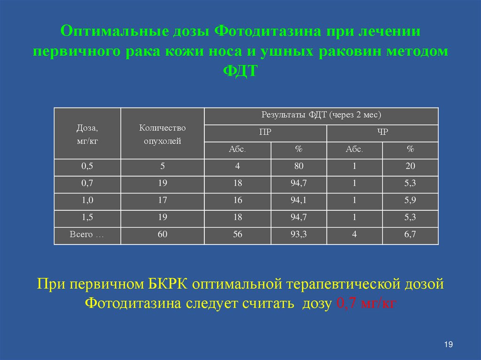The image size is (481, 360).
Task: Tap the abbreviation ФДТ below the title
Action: (x=240, y=71)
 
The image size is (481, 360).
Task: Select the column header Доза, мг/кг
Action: (x=87, y=134)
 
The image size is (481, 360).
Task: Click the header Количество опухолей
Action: (x=163, y=134)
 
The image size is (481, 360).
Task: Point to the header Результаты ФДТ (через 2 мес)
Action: (x=321, y=115)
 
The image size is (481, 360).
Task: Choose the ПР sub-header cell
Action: (x=265, y=133)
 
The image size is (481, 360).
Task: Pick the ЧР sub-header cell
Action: (x=382, y=133)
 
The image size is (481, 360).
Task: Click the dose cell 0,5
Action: (x=87, y=167)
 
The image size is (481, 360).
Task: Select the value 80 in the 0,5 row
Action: (x=299, y=167)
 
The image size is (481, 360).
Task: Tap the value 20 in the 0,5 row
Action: (x=410, y=167)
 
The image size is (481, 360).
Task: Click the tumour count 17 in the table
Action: (x=163, y=200)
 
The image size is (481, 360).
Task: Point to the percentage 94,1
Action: (x=299, y=200)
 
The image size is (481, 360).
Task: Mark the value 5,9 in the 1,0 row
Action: (x=410, y=200)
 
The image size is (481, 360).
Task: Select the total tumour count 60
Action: (x=163, y=235)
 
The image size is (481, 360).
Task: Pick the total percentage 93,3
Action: (x=299, y=235)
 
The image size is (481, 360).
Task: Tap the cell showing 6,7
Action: (x=410, y=235)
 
